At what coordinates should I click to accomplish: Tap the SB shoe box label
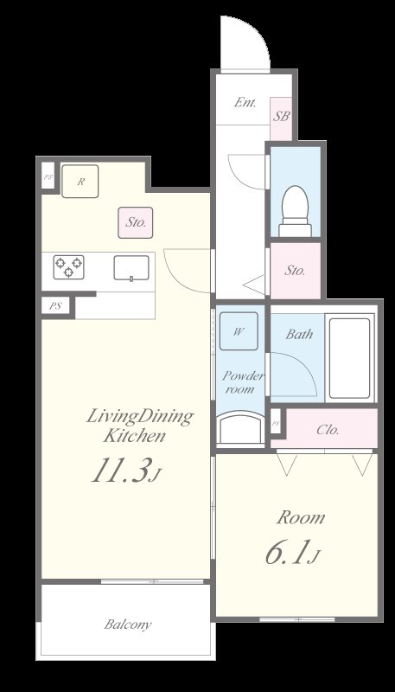(281, 116)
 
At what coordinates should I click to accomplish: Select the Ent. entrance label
(245, 103)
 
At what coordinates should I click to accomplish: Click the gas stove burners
(69, 267)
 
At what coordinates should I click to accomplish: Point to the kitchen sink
(131, 267)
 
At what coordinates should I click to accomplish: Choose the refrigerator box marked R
(80, 181)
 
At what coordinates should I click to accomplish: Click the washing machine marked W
(239, 331)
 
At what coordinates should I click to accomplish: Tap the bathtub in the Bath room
(349, 358)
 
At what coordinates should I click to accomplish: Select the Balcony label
(128, 625)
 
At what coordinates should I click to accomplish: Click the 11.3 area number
(119, 470)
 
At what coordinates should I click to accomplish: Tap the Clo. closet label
(328, 429)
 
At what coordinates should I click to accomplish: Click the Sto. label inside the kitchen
(136, 222)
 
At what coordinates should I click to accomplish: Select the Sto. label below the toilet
(295, 271)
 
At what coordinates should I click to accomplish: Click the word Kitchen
(135, 436)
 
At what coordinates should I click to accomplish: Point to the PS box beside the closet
(276, 423)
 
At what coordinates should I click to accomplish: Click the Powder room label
(242, 382)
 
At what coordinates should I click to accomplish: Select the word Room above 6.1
(300, 517)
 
